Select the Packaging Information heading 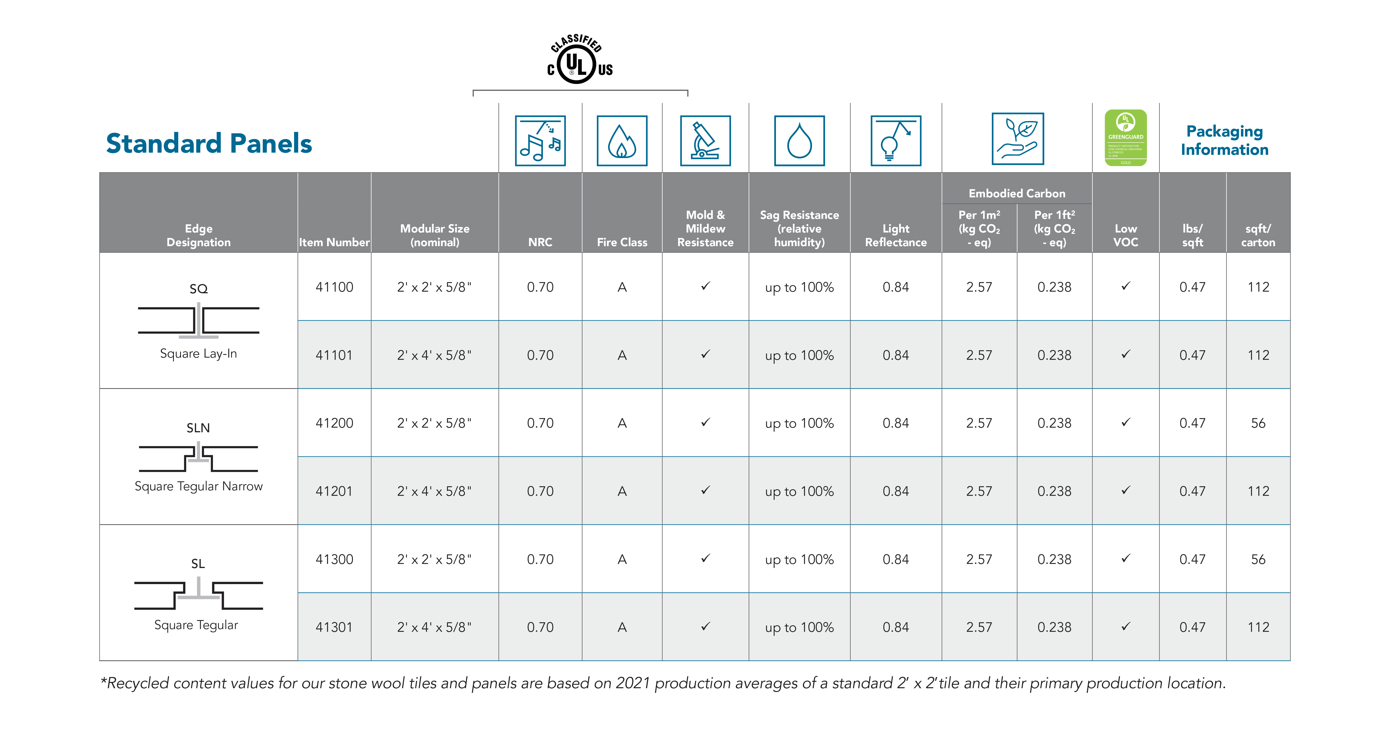[1224, 140]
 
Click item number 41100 [334, 287]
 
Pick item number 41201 [334, 491]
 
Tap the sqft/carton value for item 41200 [1258, 423]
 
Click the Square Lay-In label [198, 354]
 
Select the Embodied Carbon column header [1017, 193]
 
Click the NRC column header [540, 242]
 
